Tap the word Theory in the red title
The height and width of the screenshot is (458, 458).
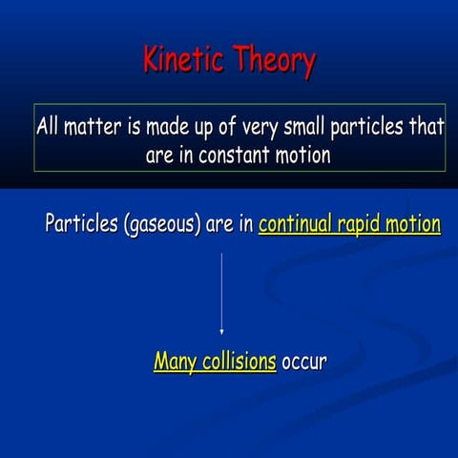272,61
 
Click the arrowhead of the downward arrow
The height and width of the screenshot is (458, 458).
221,331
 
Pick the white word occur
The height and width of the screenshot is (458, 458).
304,363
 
